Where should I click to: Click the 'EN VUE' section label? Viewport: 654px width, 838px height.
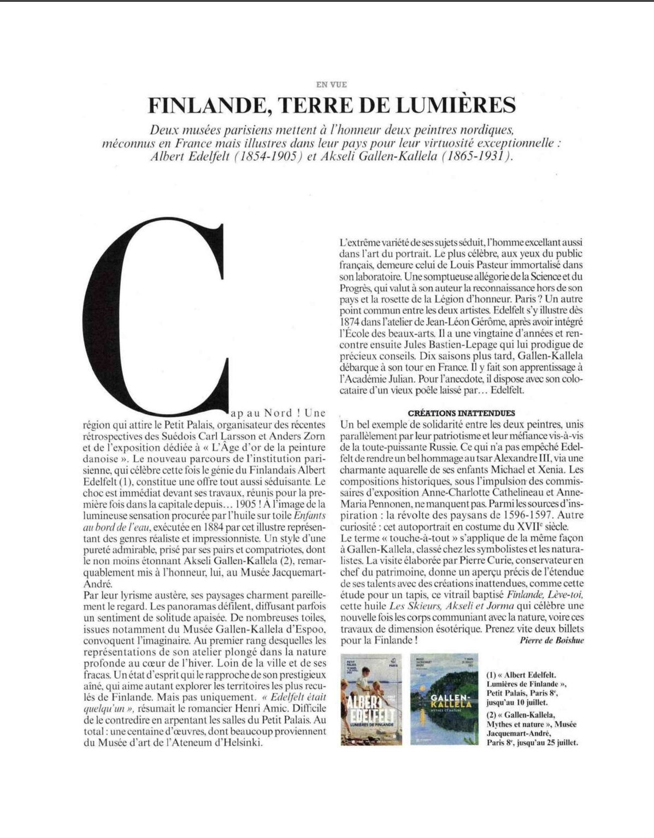coord(332,85)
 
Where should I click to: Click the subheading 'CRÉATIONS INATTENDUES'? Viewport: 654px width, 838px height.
coord(462,413)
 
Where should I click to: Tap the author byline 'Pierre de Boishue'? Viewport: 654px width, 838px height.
coord(549,640)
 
